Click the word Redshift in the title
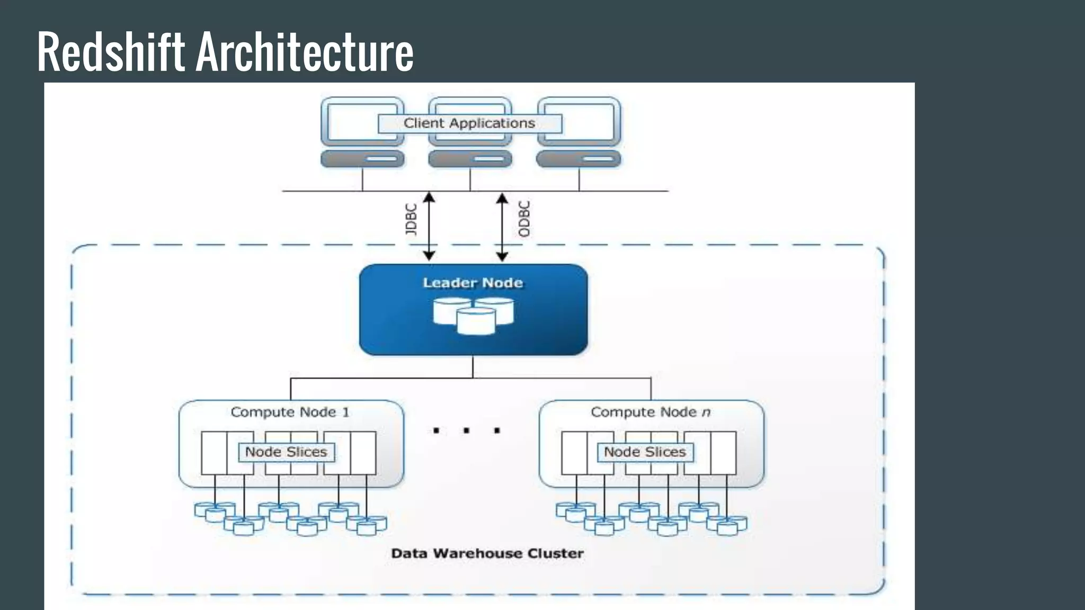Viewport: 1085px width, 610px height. [x=110, y=51]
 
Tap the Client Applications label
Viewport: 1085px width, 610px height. [x=469, y=123]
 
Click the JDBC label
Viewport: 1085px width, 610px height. [x=411, y=219]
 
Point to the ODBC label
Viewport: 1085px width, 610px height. [x=524, y=219]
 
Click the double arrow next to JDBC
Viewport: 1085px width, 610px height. [x=429, y=227]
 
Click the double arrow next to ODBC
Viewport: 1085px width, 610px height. [x=502, y=227]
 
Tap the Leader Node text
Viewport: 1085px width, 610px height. [x=473, y=283]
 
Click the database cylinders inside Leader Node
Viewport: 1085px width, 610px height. [x=473, y=316]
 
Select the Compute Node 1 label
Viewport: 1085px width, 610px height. [x=290, y=412]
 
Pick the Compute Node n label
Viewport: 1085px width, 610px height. [x=650, y=412]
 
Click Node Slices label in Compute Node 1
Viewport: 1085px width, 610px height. [x=286, y=452]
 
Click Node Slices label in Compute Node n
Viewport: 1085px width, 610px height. [x=645, y=452]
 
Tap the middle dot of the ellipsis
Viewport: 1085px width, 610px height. [x=466, y=430]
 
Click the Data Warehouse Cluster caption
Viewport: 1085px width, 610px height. [x=487, y=553]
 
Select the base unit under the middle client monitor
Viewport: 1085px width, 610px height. [x=470, y=159]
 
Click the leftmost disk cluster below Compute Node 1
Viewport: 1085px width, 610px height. [x=215, y=512]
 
